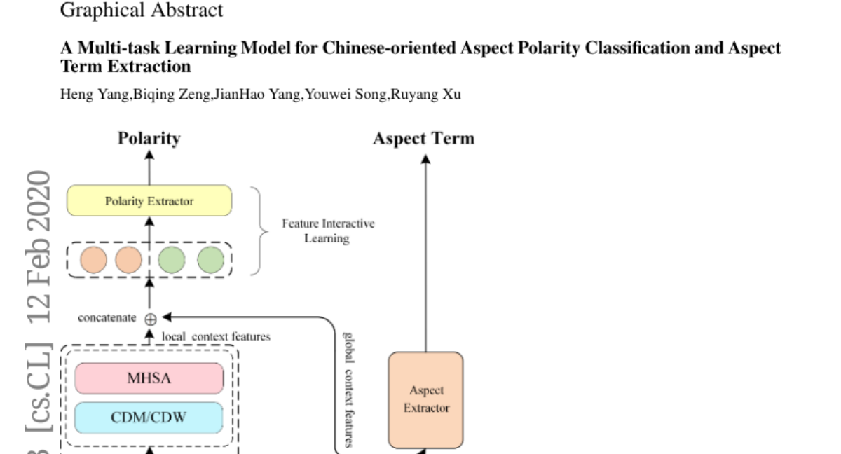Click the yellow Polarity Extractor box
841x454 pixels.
click(x=149, y=200)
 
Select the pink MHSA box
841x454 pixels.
click(x=149, y=378)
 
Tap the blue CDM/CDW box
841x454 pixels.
click(x=149, y=418)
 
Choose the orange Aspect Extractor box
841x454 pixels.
click(x=426, y=400)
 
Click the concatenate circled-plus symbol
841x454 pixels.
click(x=151, y=319)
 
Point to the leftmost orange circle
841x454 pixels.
click(x=93, y=260)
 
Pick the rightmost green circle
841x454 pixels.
click(x=211, y=260)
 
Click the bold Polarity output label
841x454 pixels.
click(x=149, y=139)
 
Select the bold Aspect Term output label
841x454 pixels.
click(x=424, y=139)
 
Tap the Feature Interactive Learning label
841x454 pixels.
click(x=328, y=231)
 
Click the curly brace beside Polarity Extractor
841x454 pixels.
click(x=259, y=231)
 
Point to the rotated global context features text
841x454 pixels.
click(x=348, y=390)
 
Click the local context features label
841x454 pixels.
click(x=216, y=336)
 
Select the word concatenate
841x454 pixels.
click(x=107, y=318)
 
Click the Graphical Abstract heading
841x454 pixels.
click(x=142, y=10)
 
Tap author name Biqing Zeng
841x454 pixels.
click(x=172, y=94)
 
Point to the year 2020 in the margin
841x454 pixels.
click(x=39, y=200)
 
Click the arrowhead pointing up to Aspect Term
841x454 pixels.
click(x=425, y=159)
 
